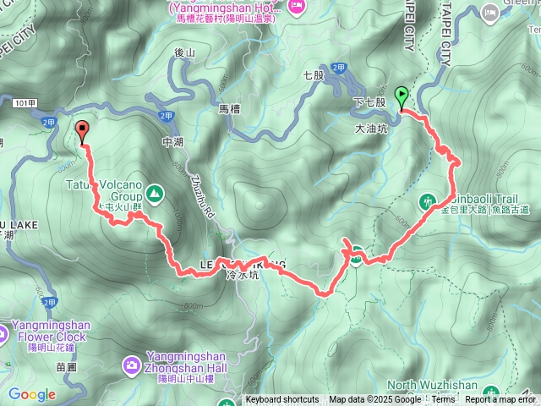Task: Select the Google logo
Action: (31, 394)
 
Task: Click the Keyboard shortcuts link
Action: (282, 400)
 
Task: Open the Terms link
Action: (443, 400)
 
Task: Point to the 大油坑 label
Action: (371, 129)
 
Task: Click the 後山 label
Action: (183, 52)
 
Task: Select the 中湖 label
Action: (172, 142)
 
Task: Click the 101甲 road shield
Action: (25, 102)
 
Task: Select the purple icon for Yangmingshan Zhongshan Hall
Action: (132, 365)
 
